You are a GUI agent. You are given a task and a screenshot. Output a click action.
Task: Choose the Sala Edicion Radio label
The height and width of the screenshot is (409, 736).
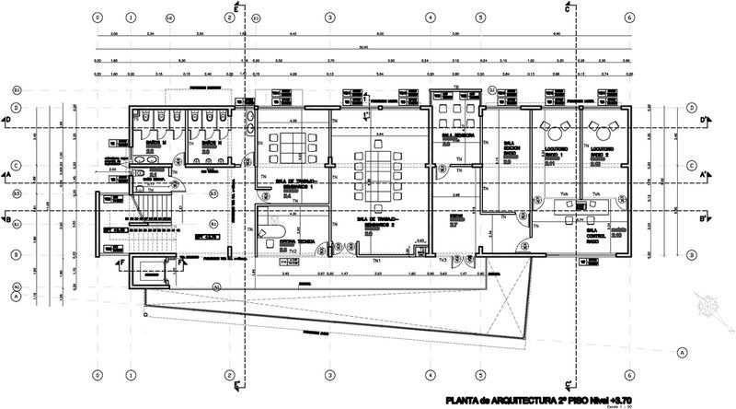point(508,147)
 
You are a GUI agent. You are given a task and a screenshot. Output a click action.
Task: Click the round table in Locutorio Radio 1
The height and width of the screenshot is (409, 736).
point(556,127)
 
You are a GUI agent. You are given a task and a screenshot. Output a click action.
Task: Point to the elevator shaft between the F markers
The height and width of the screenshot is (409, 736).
point(151,271)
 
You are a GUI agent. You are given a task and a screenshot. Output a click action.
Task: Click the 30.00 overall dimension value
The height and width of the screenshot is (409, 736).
point(363,48)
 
